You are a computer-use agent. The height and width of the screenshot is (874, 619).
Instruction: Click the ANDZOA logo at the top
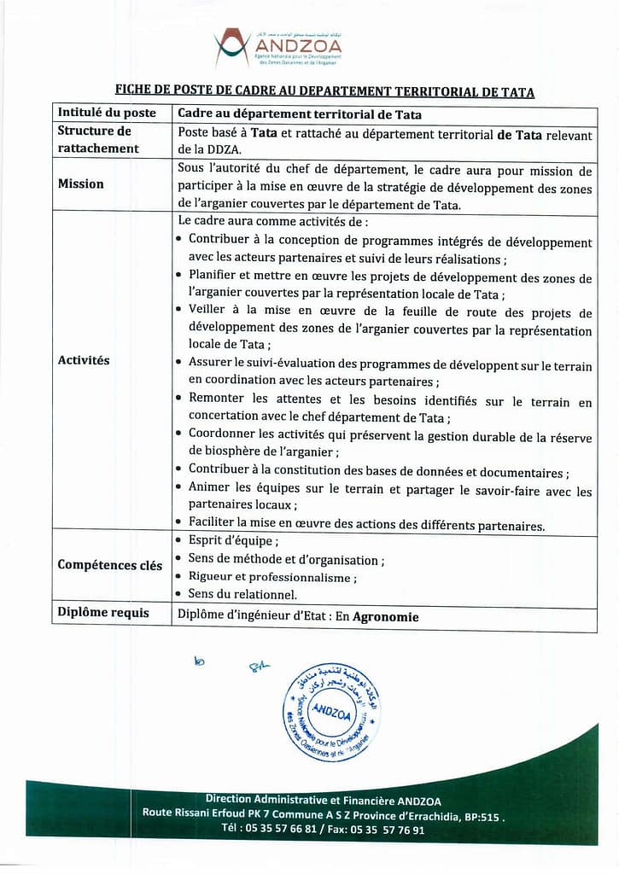coord(277,48)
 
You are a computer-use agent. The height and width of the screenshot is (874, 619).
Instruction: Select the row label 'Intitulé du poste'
coord(107,113)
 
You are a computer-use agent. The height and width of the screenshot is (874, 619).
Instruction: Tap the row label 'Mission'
coord(81,184)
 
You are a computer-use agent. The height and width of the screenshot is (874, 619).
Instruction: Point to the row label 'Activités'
coord(84,360)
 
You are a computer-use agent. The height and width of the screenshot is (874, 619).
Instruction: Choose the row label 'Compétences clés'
coord(109,565)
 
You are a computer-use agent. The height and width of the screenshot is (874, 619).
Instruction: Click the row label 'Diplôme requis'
coord(103,613)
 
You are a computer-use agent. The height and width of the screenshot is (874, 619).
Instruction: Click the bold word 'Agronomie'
coord(387,616)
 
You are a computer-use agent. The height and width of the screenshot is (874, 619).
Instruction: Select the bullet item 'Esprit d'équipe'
coord(233,540)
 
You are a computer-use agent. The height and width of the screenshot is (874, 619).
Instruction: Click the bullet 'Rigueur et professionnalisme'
coord(272,577)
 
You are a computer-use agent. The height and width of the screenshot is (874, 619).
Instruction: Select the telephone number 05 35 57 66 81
coord(280,830)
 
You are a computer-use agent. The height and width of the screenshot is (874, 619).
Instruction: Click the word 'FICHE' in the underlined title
coord(135,91)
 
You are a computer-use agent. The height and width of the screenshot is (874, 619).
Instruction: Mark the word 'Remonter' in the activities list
coord(217,399)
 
